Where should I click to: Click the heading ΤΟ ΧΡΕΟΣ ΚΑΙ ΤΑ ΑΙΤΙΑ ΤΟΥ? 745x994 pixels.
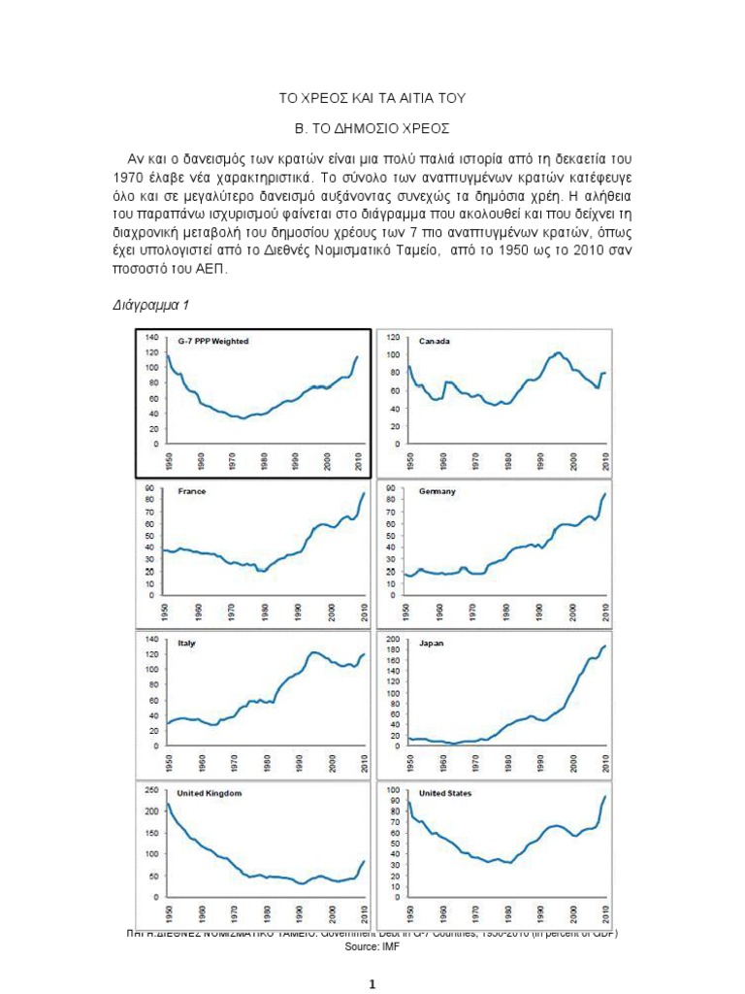coord(372,97)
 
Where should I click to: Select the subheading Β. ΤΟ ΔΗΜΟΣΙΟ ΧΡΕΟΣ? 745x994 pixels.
coord(372,127)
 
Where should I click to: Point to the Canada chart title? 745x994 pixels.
coord(436,342)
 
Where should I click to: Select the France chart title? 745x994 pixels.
coord(192,491)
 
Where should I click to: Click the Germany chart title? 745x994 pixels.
coord(437,491)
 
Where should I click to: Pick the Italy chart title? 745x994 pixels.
coord(186,643)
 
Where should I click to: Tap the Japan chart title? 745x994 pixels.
coord(431,643)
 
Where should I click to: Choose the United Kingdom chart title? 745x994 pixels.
coord(209,793)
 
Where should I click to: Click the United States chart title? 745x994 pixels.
coord(445,793)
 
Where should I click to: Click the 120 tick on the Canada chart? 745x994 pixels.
coord(393,337)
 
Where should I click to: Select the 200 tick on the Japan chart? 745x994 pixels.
coord(393,640)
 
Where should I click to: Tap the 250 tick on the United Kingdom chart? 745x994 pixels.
coord(152,790)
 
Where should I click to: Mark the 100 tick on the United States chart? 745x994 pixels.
coord(393,790)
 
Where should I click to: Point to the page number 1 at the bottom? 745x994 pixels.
coord(372,984)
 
